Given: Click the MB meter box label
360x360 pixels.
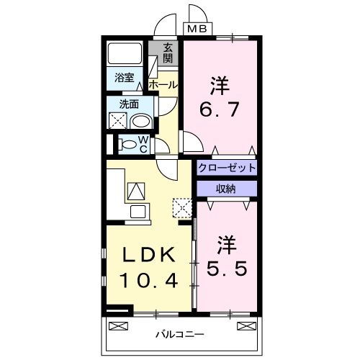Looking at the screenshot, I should [196, 30].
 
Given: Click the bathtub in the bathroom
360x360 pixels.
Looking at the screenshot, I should [125, 55].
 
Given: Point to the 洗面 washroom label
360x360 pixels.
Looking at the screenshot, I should [130, 104].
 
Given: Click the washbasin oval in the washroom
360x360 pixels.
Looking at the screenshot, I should [141, 120].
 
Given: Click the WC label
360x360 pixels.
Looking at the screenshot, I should [143, 143].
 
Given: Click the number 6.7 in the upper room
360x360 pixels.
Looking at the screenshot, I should [219, 112].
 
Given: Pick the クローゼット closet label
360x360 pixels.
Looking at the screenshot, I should [227, 168].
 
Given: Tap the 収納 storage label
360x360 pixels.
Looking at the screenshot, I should [226, 188].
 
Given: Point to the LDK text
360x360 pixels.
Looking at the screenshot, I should [148, 256].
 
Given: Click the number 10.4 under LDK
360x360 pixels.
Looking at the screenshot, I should [148, 281].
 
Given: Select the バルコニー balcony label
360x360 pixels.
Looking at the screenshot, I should [180, 334].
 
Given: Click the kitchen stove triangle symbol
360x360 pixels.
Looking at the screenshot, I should [136, 190].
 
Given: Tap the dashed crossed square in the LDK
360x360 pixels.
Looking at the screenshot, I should [183, 209].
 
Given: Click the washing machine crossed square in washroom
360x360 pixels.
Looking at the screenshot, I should [117, 121].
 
